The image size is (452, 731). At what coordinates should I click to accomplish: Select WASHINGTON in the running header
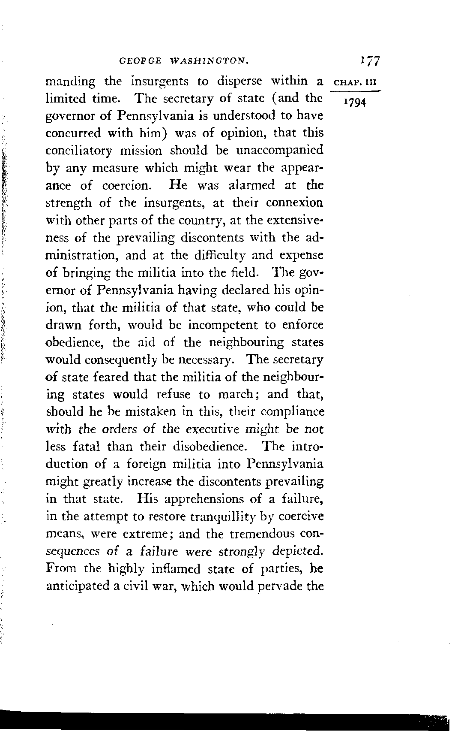pyautogui.click(x=210, y=61)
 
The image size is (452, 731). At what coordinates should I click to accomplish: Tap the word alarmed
pyautogui.click(x=252, y=186)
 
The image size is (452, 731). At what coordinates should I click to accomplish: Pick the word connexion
pyautogui.click(x=294, y=203)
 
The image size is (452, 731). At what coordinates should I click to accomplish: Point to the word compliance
pyautogui.click(x=292, y=412)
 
